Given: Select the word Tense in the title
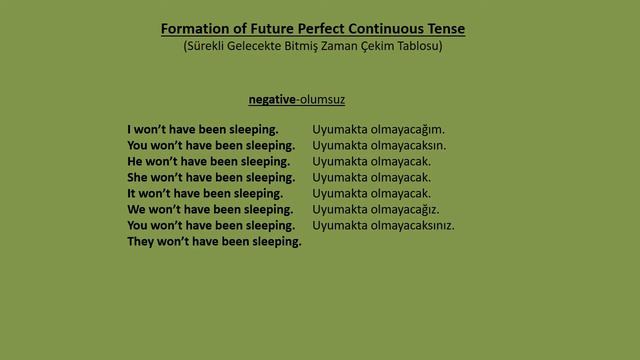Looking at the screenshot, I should tap(443, 29).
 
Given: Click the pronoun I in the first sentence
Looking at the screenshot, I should tap(130, 129).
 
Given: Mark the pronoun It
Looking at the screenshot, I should tap(133, 193).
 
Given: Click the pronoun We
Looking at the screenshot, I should tap(137, 209).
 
